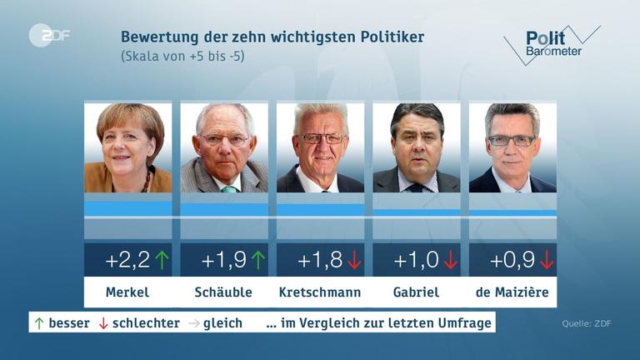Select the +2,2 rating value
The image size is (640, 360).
pyautogui.click(x=127, y=261)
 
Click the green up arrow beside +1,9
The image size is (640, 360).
pyautogui.click(x=258, y=261)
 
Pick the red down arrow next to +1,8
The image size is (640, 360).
pyautogui.click(x=354, y=261)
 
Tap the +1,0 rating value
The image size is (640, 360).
pyautogui.click(x=415, y=261)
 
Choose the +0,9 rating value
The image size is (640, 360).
pyautogui.click(x=512, y=261)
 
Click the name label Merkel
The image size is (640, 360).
pyautogui.click(x=127, y=292)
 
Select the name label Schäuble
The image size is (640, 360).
pyautogui.click(x=223, y=292)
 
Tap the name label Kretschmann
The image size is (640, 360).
pyautogui.click(x=320, y=292)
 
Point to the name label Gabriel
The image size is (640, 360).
pyautogui.click(x=416, y=292)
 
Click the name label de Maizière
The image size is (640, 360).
pyautogui.click(x=512, y=292)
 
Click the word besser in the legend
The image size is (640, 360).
pyautogui.click(x=69, y=322)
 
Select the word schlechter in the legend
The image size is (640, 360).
pyautogui.click(x=146, y=322)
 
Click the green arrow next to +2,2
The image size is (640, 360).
pyautogui.click(x=162, y=261)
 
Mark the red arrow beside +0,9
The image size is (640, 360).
pyautogui.click(x=547, y=261)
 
